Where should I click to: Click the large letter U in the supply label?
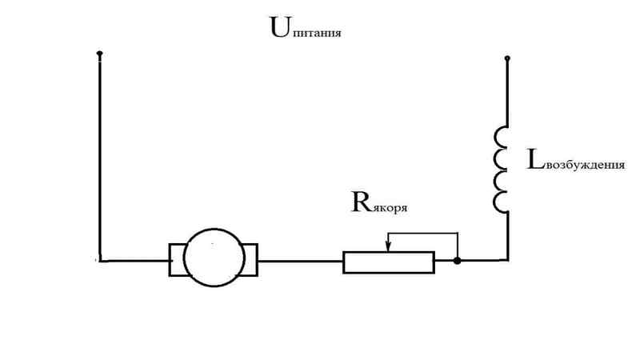[280, 27]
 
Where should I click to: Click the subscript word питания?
[316, 33]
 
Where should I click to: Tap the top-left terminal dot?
[99, 54]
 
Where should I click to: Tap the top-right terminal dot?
[507, 58]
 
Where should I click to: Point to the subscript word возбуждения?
[585, 166]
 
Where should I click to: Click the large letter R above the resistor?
[362, 202]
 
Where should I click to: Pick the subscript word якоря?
[390, 207]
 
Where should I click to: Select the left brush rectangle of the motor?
[170, 260]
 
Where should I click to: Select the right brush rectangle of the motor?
[256, 260]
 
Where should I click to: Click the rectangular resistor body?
[389, 253]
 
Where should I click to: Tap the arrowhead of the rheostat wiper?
[388, 246]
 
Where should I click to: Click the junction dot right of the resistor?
[457, 261]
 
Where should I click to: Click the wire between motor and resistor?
[301, 261]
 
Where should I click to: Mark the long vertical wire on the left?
[99, 157]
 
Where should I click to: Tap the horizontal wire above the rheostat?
[422, 234]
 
